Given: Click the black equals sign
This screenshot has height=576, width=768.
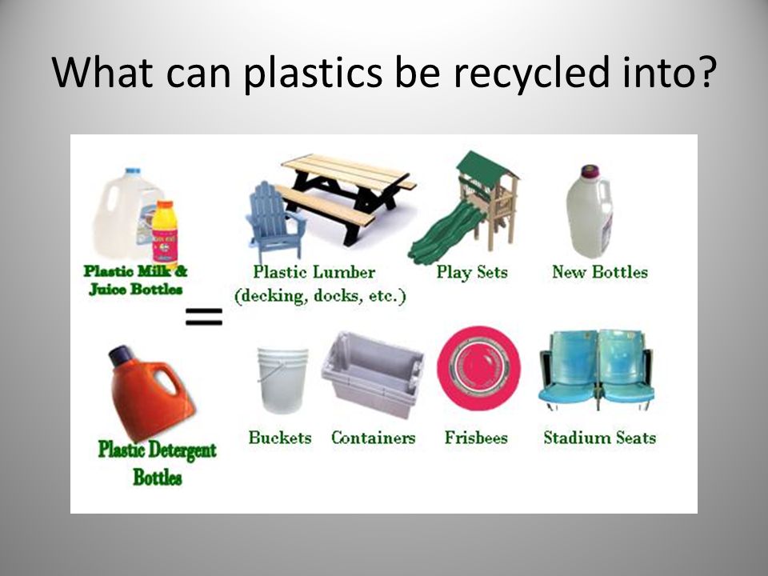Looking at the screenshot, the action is (x=204, y=317).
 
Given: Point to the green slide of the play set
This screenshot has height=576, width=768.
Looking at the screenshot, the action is (x=443, y=232).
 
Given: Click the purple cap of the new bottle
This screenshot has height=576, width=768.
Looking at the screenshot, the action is (x=590, y=171).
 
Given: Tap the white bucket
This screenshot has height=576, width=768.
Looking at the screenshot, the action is (x=282, y=379).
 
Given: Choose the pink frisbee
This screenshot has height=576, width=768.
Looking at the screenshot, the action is (x=478, y=368).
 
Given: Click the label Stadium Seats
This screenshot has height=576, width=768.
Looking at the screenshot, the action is (x=599, y=438).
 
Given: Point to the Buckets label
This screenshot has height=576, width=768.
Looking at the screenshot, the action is (x=280, y=438).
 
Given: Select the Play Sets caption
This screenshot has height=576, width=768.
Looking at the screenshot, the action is (x=472, y=273).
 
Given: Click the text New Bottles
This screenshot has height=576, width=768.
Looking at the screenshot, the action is (x=599, y=272).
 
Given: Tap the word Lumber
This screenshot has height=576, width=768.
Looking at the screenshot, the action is (x=344, y=272).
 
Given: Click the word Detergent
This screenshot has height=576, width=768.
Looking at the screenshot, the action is (x=182, y=450).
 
